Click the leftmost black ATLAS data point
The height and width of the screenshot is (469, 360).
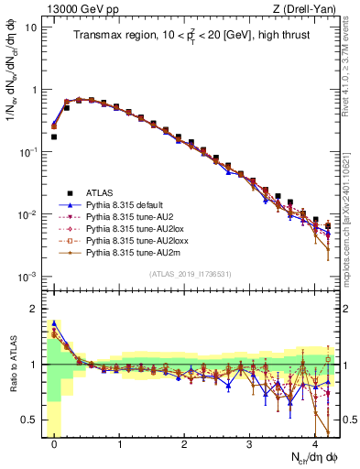54,136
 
